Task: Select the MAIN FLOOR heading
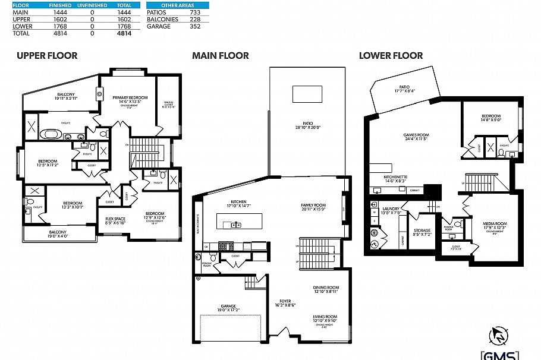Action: (x=220, y=56)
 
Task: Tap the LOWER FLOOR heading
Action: (x=391, y=56)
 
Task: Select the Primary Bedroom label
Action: (x=130, y=97)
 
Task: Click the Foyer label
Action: (x=285, y=301)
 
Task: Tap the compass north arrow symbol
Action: (x=499, y=336)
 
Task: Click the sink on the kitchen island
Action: (x=236, y=225)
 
